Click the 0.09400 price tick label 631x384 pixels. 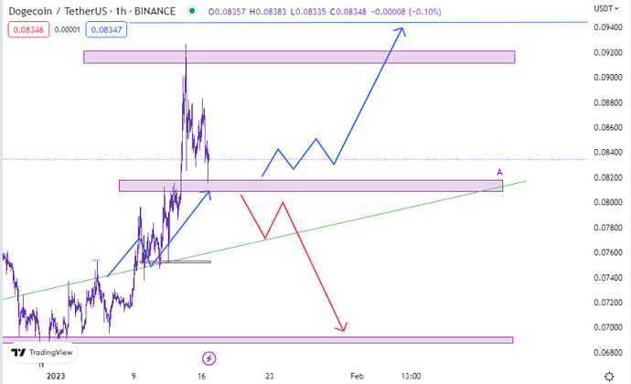point(603,27)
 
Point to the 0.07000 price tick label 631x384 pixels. point(603,327)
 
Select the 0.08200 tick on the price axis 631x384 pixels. point(603,177)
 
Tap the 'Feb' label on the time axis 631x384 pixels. point(358,375)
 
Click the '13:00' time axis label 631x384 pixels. point(411,375)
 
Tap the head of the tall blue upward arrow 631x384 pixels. point(400,31)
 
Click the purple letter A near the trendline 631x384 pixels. point(499,172)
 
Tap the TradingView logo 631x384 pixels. point(37,352)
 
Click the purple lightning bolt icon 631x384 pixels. point(209,357)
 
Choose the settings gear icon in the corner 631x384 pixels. point(610,375)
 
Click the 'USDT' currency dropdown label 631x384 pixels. point(605,7)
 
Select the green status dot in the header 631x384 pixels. point(190,11)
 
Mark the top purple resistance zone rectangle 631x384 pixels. point(299,57)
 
